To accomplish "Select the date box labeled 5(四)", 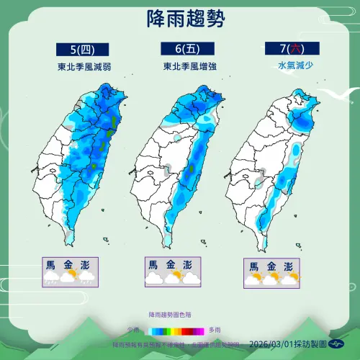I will coord(82,50).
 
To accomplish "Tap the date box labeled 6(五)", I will coord(179,49).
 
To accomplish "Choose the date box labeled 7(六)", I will coord(278,49).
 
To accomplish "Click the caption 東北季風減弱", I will coord(82,66).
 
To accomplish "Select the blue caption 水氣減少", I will coord(277,66).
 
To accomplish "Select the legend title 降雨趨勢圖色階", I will coord(171,315).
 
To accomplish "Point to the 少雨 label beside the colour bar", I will coord(133,329).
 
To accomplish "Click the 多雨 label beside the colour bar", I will coord(224,329).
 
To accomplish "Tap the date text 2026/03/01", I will coord(273,346).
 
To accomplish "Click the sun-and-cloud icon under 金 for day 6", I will coord(173,277).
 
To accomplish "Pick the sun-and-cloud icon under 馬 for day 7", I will coord(253,279).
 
